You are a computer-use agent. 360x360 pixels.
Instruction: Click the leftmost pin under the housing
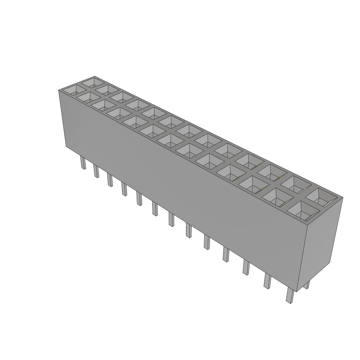click(x=83, y=163)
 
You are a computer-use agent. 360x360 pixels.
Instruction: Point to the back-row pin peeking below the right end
click(x=307, y=284)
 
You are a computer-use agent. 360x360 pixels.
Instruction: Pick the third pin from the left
click(x=110, y=180)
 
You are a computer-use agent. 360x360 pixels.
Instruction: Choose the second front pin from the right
click(x=267, y=281)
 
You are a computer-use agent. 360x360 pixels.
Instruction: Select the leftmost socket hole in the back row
click(x=94, y=83)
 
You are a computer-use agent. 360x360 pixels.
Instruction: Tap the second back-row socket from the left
click(x=106, y=90)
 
